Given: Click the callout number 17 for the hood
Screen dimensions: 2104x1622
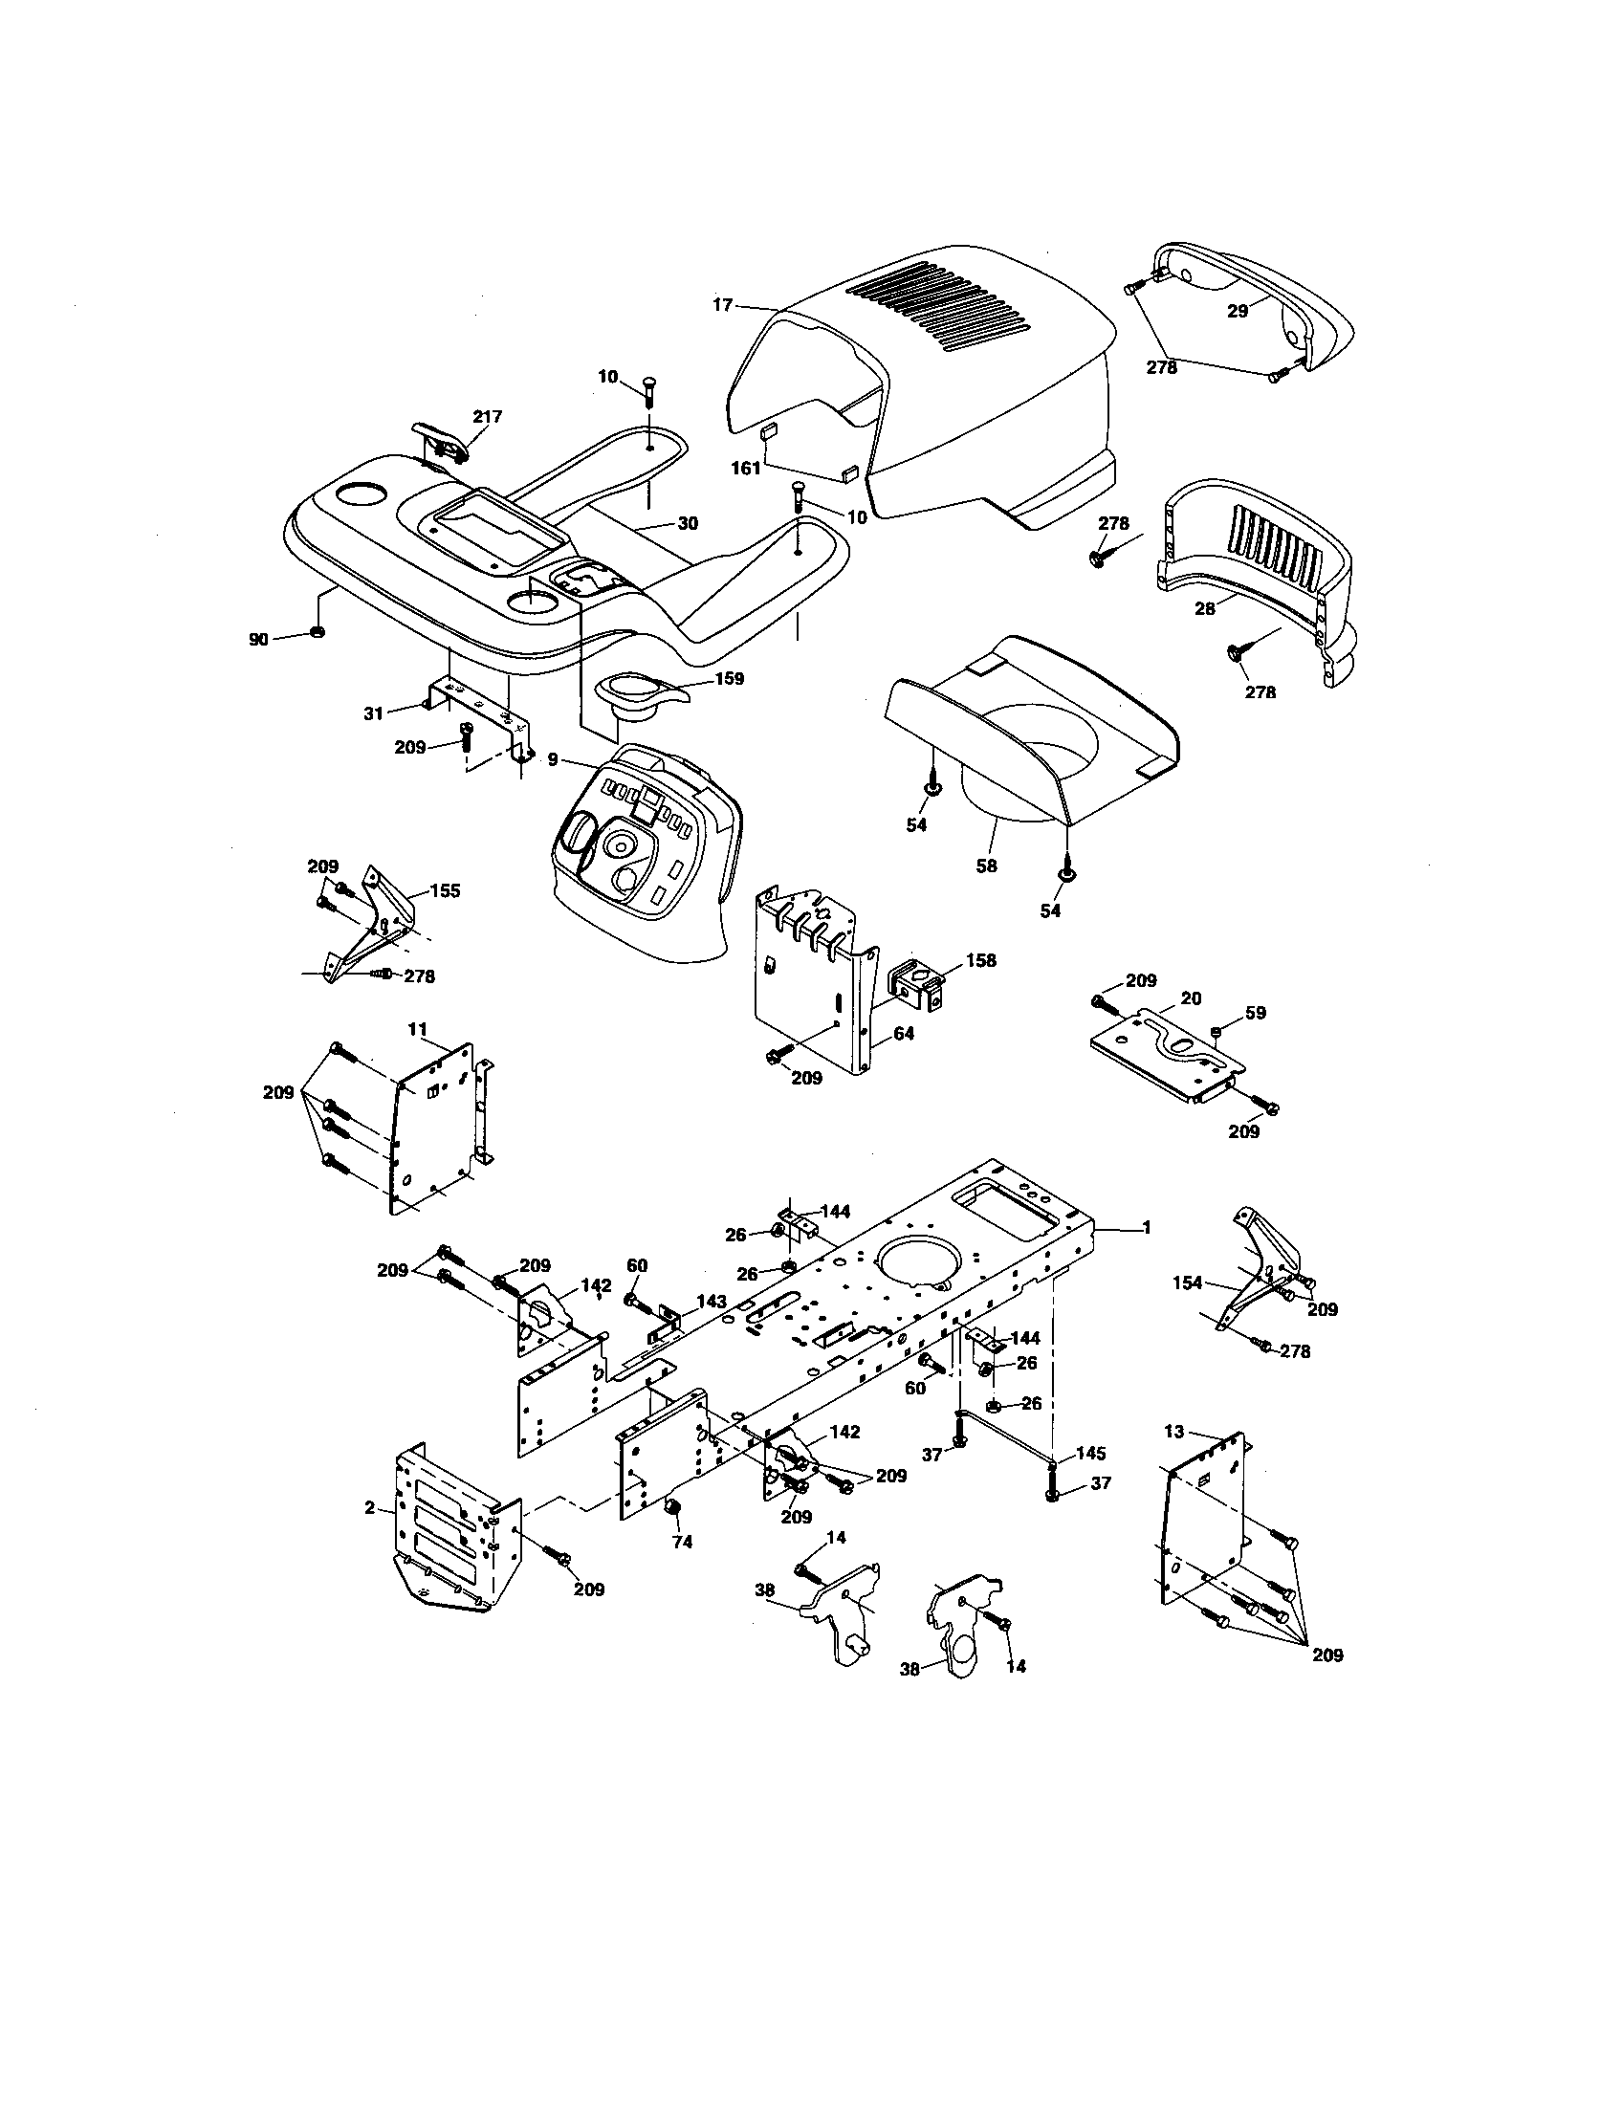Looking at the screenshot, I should click(x=722, y=305).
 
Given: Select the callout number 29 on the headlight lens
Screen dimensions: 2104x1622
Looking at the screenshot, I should click(x=1237, y=310).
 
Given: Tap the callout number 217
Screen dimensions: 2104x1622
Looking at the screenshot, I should click(x=487, y=417).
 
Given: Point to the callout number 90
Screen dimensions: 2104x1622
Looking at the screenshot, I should click(x=258, y=639).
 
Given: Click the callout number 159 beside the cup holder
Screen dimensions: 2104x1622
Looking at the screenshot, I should click(x=729, y=678).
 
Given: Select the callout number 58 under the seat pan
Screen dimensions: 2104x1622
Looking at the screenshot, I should click(x=985, y=866).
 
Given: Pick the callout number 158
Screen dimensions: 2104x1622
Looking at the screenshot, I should click(x=980, y=960).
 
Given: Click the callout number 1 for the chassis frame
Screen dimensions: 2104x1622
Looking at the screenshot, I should click(x=1146, y=1227).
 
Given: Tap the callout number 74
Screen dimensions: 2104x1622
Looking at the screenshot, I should click(x=682, y=1542).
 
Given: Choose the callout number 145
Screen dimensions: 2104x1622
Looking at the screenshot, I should click(x=1090, y=1453).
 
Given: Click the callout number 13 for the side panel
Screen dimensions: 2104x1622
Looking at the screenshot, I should click(x=1173, y=1432).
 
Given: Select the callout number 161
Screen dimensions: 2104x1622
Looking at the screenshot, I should click(x=747, y=469).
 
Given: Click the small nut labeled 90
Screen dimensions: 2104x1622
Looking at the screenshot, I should click(x=316, y=633).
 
